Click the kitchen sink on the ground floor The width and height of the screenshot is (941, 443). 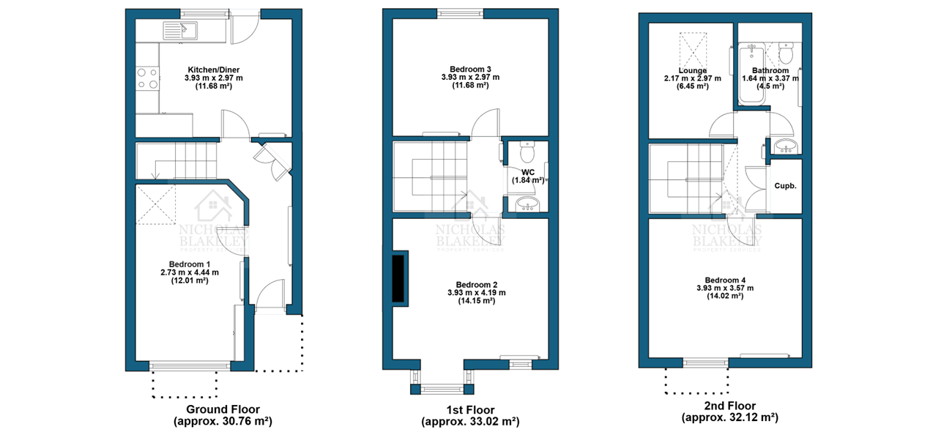pos(180,31)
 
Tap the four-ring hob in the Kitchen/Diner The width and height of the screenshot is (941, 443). pos(147,78)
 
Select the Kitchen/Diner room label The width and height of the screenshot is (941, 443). pos(213,70)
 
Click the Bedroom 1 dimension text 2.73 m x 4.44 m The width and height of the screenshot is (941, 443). pos(190,272)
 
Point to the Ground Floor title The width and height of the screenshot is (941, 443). pos(223,409)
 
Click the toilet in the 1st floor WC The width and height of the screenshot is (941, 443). pos(527,151)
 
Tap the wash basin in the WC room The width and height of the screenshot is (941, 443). pos(526,204)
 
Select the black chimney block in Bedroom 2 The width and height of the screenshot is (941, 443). pos(398,278)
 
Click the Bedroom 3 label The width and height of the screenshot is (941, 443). pos(470,69)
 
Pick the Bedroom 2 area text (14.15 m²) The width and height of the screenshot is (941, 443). pos(477,301)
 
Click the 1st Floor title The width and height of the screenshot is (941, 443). pos(470,409)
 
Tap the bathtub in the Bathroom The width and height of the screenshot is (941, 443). pos(752,73)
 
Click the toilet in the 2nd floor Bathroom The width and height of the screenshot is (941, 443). pos(785,52)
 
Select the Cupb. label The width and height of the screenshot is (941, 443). pos(785,185)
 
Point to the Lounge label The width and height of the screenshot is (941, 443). pos(692,70)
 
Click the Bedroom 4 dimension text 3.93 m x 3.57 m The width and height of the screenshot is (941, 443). pos(725,288)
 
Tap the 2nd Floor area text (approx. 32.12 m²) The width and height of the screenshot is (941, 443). pos(729,418)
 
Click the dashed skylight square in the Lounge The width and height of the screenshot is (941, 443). pos(693,51)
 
